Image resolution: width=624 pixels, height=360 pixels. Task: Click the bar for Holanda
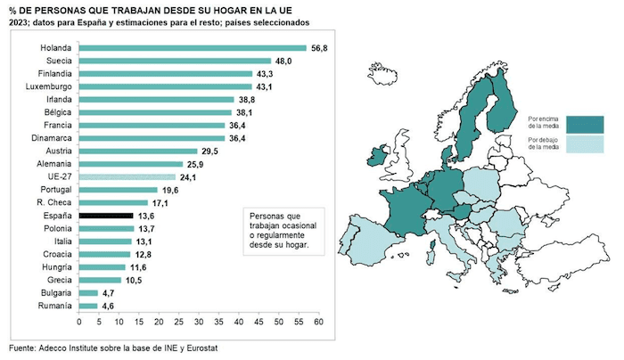point(192,48)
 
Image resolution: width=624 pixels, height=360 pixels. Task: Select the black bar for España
point(105,215)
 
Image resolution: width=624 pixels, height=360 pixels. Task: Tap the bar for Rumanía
point(88,306)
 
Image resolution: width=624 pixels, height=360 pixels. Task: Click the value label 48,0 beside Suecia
point(283,61)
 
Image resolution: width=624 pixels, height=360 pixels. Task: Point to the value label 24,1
point(188,177)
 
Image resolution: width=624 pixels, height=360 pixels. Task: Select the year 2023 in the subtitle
point(18,21)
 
